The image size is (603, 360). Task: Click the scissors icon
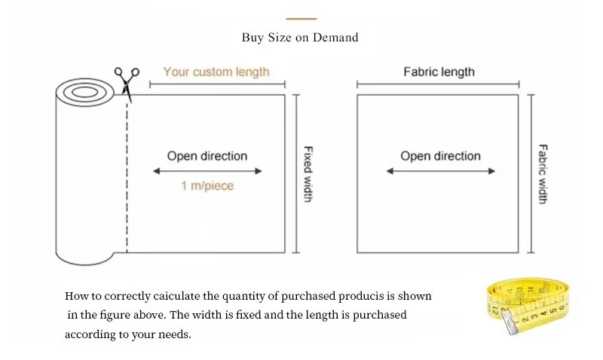[126, 84]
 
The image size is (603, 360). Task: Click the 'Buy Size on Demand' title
[300, 37]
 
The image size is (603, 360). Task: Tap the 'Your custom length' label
[216, 72]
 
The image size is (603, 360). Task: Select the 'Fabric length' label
[439, 72]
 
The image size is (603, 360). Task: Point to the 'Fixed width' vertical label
[308, 174]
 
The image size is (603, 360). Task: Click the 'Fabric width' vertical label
[543, 174]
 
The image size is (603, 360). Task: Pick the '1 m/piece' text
[207, 186]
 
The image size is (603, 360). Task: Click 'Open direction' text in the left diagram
[207, 156]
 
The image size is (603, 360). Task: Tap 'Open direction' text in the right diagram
[441, 156]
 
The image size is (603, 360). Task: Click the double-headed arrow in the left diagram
[207, 171]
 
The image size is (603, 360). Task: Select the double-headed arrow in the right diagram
[441, 171]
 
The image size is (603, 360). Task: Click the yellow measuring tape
[528, 305]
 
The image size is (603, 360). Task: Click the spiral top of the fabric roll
[84, 93]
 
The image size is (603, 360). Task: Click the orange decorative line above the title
[301, 18]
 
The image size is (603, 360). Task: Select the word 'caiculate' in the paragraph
[176, 296]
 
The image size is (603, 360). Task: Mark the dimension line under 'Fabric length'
[438, 84]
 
